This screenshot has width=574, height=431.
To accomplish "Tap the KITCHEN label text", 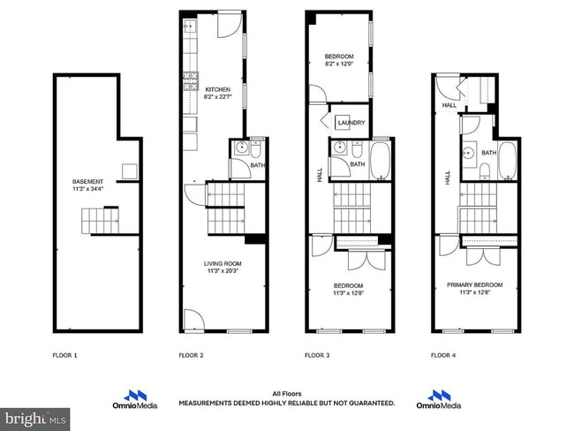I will click(217, 90).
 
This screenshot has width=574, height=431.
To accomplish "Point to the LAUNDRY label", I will click(351, 124).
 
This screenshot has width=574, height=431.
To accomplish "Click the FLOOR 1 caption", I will click(64, 355).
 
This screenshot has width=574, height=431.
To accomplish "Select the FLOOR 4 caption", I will click(443, 355).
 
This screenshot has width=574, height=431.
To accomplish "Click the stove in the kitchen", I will click(190, 81).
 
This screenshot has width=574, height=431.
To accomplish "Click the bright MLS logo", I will click(35, 416).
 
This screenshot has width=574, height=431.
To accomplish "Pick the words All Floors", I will click(286, 394).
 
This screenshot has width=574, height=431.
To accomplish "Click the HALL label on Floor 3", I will click(319, 176).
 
